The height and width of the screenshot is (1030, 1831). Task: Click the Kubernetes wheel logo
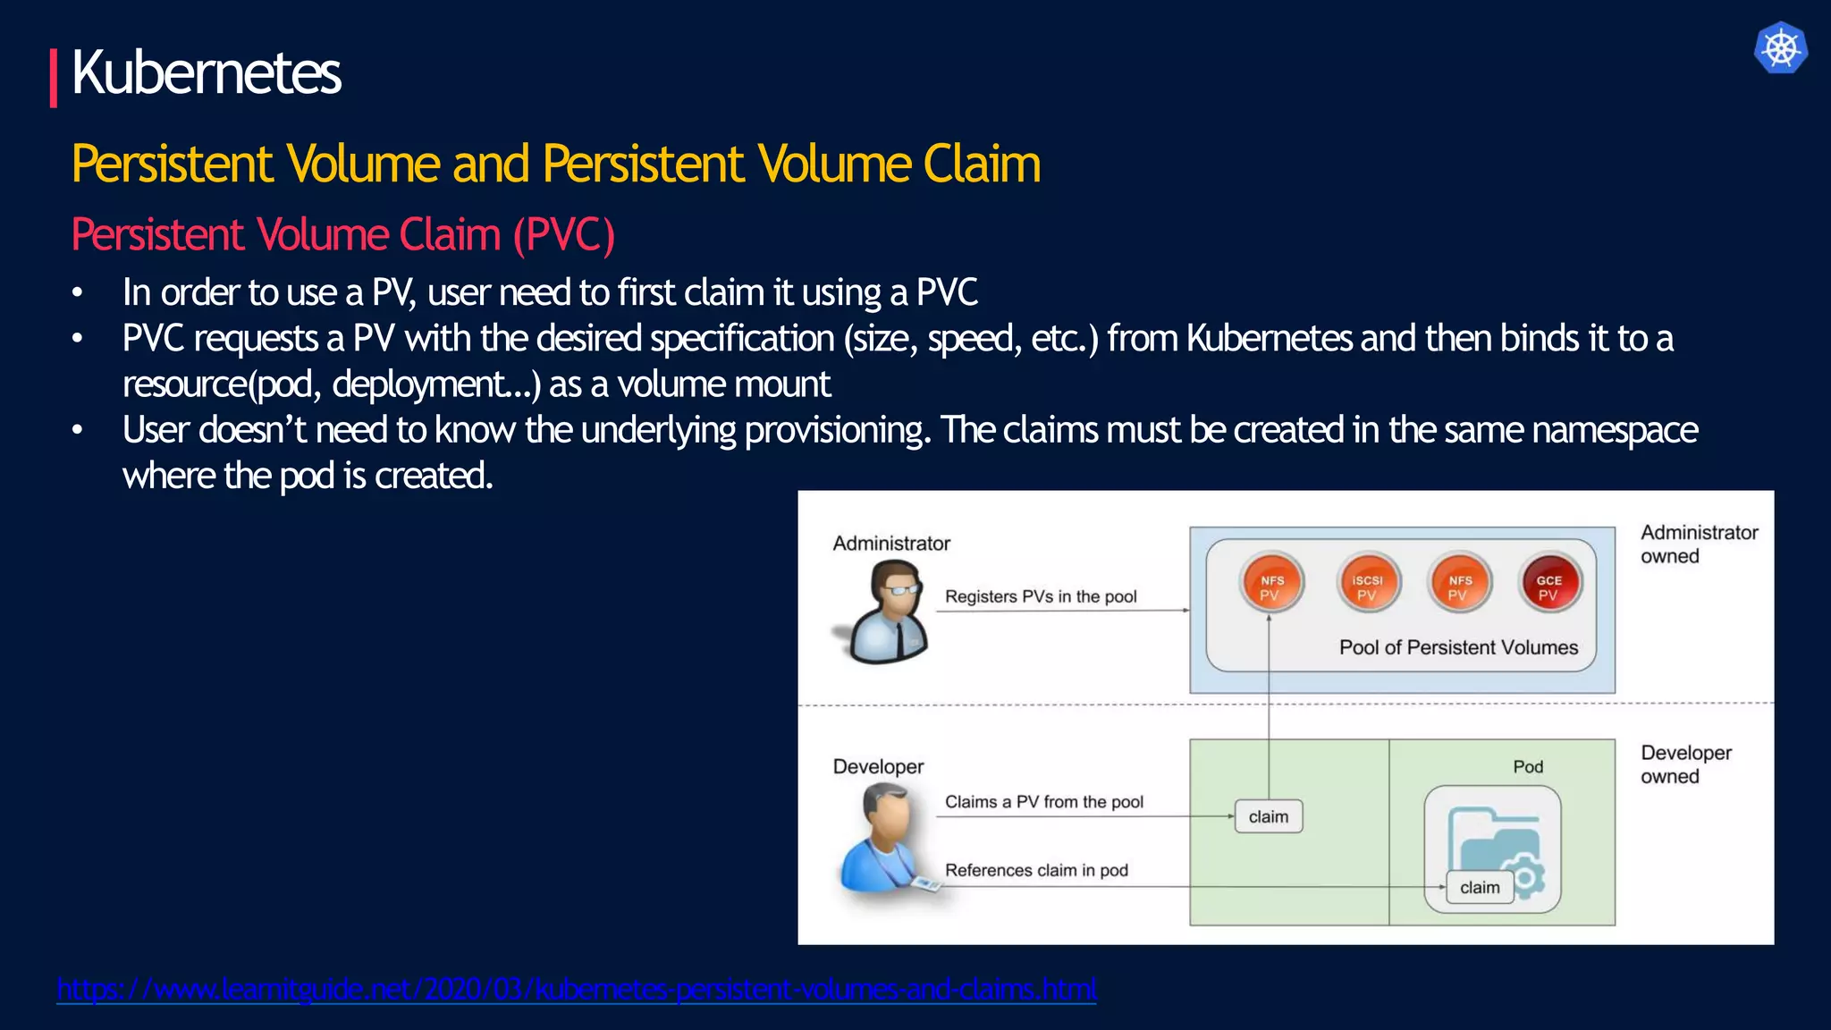coord(1780,48)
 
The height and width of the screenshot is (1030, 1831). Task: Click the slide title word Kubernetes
coord(206,73)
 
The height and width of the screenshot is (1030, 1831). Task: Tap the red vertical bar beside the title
coord(54,78)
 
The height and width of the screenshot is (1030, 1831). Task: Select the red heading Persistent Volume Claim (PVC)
coord(342,235)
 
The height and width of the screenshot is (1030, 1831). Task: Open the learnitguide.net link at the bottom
coord(577,989)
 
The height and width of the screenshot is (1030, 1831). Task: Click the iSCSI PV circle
coord(1367,584)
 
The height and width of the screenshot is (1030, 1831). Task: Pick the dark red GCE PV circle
coord(1549,584)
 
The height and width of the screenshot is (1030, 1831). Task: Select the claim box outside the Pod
coord(1268,816)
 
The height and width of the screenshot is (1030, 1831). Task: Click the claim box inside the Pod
coord(1480,887)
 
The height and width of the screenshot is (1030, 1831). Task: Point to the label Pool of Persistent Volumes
coord(1458,647)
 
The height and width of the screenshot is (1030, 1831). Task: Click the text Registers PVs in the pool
coord(1041,596)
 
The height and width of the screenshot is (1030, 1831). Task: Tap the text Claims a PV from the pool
coord(1044,802)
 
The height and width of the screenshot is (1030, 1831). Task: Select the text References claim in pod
coord(1036,870)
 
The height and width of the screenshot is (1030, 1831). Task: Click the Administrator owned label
coord(1699,544)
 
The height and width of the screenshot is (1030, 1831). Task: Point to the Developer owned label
coord(1685,764)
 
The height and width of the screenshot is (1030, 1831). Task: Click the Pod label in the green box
coord(1528,766)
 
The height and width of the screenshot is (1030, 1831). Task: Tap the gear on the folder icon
coord(1525,876)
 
